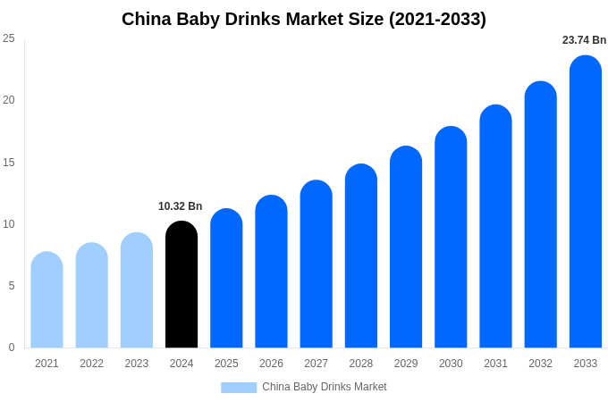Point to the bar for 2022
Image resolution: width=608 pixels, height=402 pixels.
click(x=91, y=296)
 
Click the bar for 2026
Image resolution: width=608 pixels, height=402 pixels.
click(x=271, y=272)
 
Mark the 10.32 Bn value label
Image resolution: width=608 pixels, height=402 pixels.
click(x=181, y=206)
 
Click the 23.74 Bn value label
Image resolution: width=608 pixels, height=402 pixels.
click(x=584, y=40)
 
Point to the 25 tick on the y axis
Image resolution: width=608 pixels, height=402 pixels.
click(x=9, y=38)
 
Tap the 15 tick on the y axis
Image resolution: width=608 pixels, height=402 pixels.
click(x=9, y=162)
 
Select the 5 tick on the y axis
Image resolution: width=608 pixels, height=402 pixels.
click(x=11, y=286)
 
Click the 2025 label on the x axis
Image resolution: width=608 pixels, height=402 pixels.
click(x=226, y=364)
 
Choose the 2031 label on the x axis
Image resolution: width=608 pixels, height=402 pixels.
click(x=495, y=364)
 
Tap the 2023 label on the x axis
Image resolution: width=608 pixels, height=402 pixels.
click(x=137, y=364)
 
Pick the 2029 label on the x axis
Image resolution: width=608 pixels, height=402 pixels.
click(x=406, y=364)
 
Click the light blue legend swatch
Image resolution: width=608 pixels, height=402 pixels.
click(x=239, y=388)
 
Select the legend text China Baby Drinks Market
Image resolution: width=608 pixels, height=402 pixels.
click(x=325, y=387)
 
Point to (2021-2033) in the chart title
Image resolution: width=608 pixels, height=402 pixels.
click(x=437, y=19)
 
